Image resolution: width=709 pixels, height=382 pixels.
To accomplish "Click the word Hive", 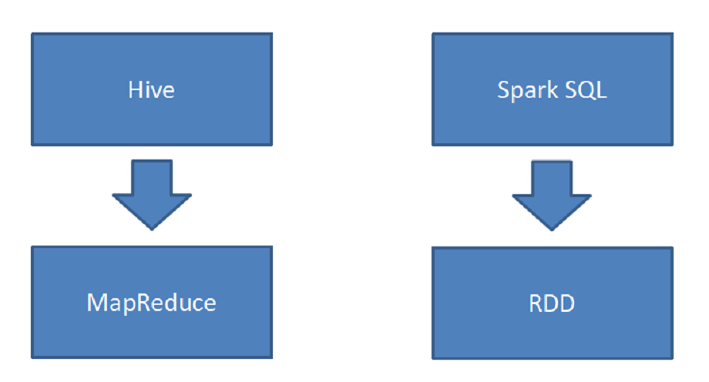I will coord(151,89).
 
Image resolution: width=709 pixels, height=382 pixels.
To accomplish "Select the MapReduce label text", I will coord(151,302).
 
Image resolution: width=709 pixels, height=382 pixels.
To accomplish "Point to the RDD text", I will coord(552,303).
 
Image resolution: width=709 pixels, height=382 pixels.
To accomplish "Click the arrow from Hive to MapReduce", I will coord(152,193).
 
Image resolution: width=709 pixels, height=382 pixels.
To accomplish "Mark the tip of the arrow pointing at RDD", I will coord(553,230).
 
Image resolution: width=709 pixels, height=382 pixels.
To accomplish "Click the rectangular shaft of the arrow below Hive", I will coord(152,176).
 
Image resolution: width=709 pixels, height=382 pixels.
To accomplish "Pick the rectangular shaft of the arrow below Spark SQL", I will coord(553,177).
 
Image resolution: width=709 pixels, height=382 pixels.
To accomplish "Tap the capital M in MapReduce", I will coord(95,302).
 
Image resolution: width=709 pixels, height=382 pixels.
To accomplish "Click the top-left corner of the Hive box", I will coord(32,33).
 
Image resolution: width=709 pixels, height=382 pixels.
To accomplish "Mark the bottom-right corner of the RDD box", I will coord(672,358).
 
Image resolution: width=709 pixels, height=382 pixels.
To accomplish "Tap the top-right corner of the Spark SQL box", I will coord(672,33).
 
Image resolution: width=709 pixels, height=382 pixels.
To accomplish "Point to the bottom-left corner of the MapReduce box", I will coord(32,357).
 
